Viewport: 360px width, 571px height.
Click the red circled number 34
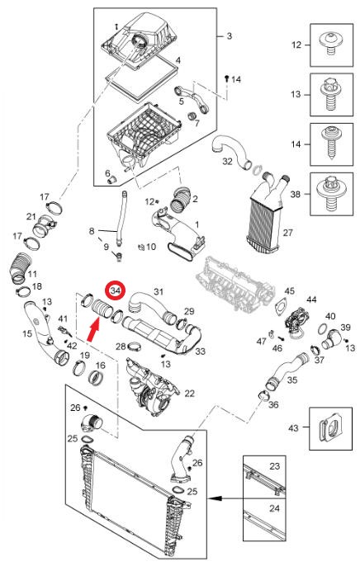tap(115, 291)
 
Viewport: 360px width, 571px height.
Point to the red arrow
tap(93, 329)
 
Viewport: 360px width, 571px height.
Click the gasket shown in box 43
tap(330, 428)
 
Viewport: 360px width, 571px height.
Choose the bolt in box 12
tap(331, 44)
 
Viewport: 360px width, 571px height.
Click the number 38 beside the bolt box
tap(296, 194)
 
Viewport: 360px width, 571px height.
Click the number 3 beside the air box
tap(229, 36)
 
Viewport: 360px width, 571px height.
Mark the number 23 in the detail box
tap(274, 465)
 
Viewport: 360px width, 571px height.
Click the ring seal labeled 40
tap(323, 329)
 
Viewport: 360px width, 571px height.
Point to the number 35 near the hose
tap(292, 380)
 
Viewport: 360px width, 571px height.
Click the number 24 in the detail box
tap(274, 508)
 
